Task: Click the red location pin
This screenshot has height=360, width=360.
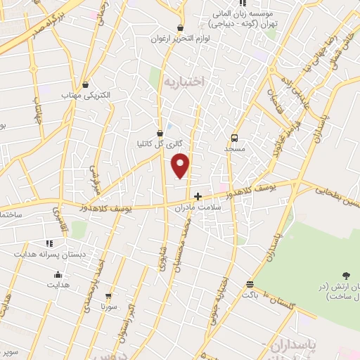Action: pos(181,165)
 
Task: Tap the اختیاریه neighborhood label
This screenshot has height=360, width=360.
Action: pos(183,82)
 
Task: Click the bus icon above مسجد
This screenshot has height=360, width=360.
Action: pos(234,139)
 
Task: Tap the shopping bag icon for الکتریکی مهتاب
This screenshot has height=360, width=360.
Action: pos(85,84)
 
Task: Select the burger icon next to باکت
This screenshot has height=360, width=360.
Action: pos(250,284)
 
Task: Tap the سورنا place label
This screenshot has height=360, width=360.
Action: pos(109,307)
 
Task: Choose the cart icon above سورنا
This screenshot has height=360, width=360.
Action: pos(108,296)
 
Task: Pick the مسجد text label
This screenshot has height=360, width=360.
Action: pos(234,149)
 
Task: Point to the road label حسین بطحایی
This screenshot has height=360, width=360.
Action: pos(337,195)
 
